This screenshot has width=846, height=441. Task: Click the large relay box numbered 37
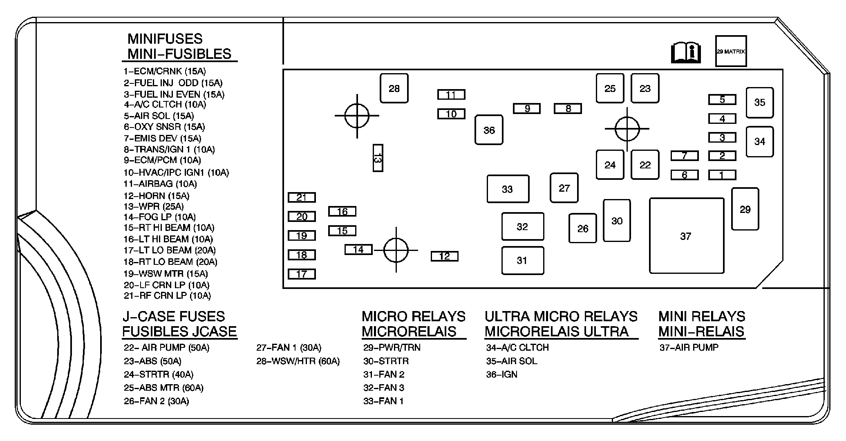click(x=686, y=236)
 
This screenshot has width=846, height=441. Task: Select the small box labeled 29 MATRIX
click(x=731, y=51)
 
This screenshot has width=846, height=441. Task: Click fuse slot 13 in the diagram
click(x=378, y=158)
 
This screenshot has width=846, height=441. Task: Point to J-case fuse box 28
click(x=394, y=88)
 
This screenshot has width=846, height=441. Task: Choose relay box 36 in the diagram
click(x=489, y=130)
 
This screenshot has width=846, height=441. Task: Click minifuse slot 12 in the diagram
click(x=444, y=256)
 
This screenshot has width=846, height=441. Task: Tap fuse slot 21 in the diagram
click(x=302, y=197)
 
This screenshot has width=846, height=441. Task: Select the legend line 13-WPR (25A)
click(x=154, y=206)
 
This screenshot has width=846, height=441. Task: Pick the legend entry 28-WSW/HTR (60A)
click(x=298, y=361)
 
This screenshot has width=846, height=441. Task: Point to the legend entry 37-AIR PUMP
click(x=689, y=347)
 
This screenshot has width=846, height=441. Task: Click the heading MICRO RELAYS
click(x=413, y=316)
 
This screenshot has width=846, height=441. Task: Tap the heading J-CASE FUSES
click(x=174, y=316)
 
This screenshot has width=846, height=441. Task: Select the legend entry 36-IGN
click(x=501, y=374)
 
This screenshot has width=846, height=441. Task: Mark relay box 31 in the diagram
click(x=522, y=260)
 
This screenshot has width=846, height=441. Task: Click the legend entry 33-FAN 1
click(x=383, y=401)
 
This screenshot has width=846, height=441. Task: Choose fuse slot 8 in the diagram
click(x=568, y=109)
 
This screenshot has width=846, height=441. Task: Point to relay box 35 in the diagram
click(x=759, y=103)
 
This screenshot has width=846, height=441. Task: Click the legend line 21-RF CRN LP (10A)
click(x=167, y=295)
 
